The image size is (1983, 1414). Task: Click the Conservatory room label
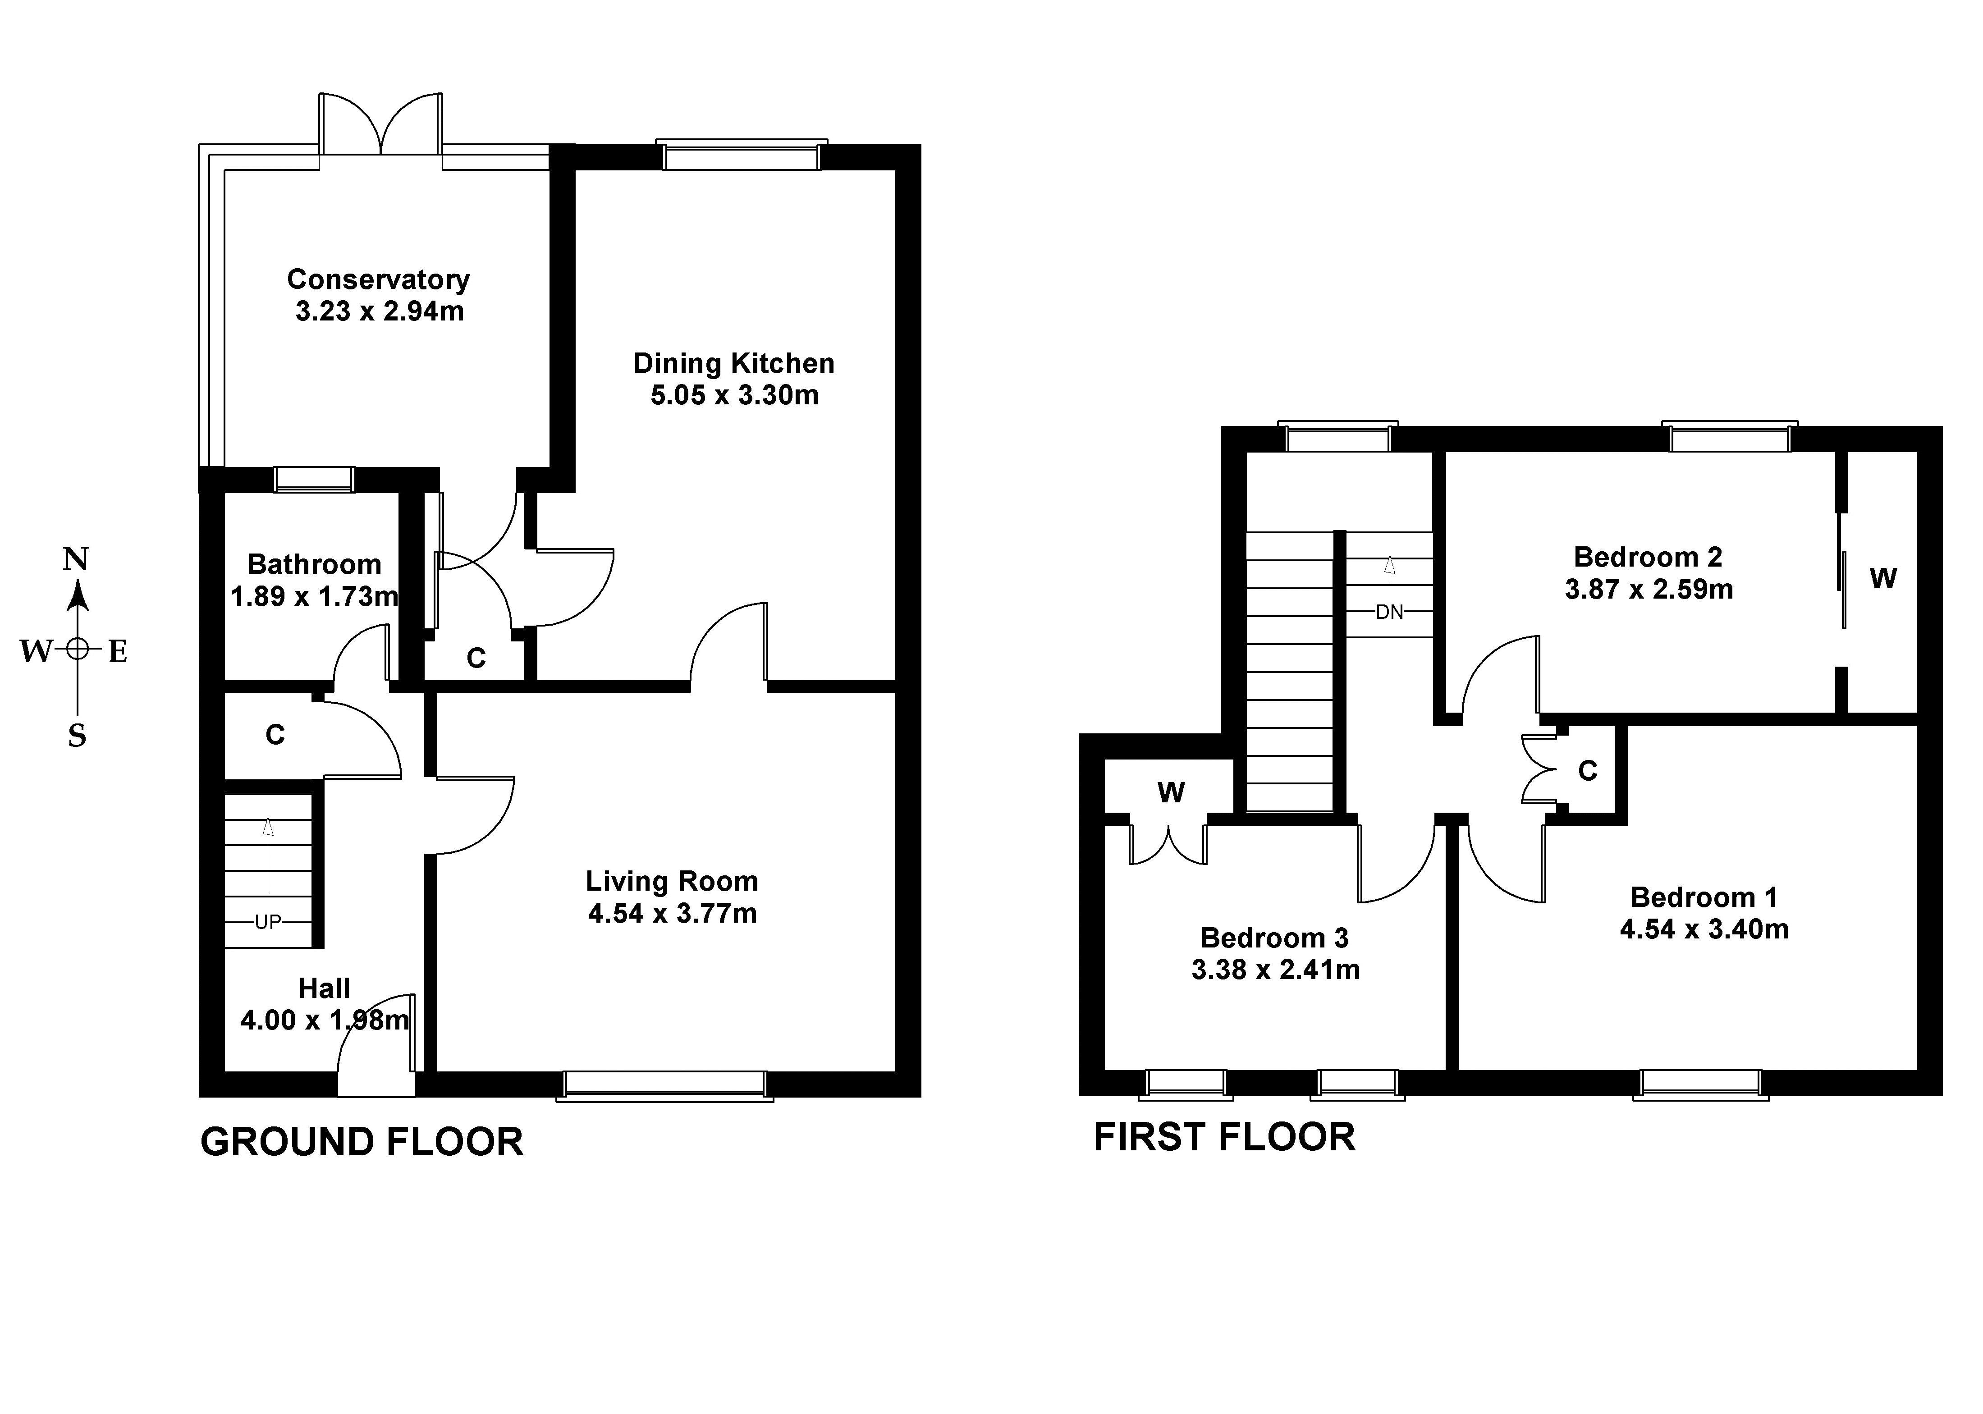(379, 279)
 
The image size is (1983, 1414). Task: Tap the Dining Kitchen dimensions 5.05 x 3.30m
(735, 395)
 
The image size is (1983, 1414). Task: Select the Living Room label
(672, 881)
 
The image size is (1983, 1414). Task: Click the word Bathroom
(314, 564)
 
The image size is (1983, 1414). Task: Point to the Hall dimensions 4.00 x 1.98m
(325, 1020)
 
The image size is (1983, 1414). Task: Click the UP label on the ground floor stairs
(268, 921)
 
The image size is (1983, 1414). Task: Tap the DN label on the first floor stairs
(1389, 612)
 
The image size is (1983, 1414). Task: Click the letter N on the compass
(77, 559)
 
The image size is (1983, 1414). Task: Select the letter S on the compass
(78, 737)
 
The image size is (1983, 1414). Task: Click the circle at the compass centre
(78, 649)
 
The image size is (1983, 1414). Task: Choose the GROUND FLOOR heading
(362, 1141)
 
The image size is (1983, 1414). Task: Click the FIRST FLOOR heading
(1225, 1137)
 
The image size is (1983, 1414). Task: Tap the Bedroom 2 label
(1649, 557)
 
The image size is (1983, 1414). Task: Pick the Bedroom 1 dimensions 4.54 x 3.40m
(1704, 929)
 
